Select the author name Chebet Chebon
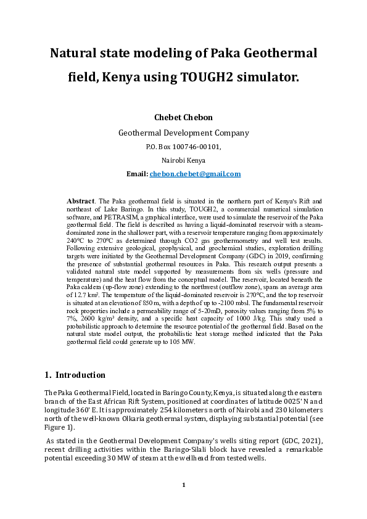coord(183,117)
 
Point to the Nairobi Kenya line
coord(183,160)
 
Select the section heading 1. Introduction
coord(75,375)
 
